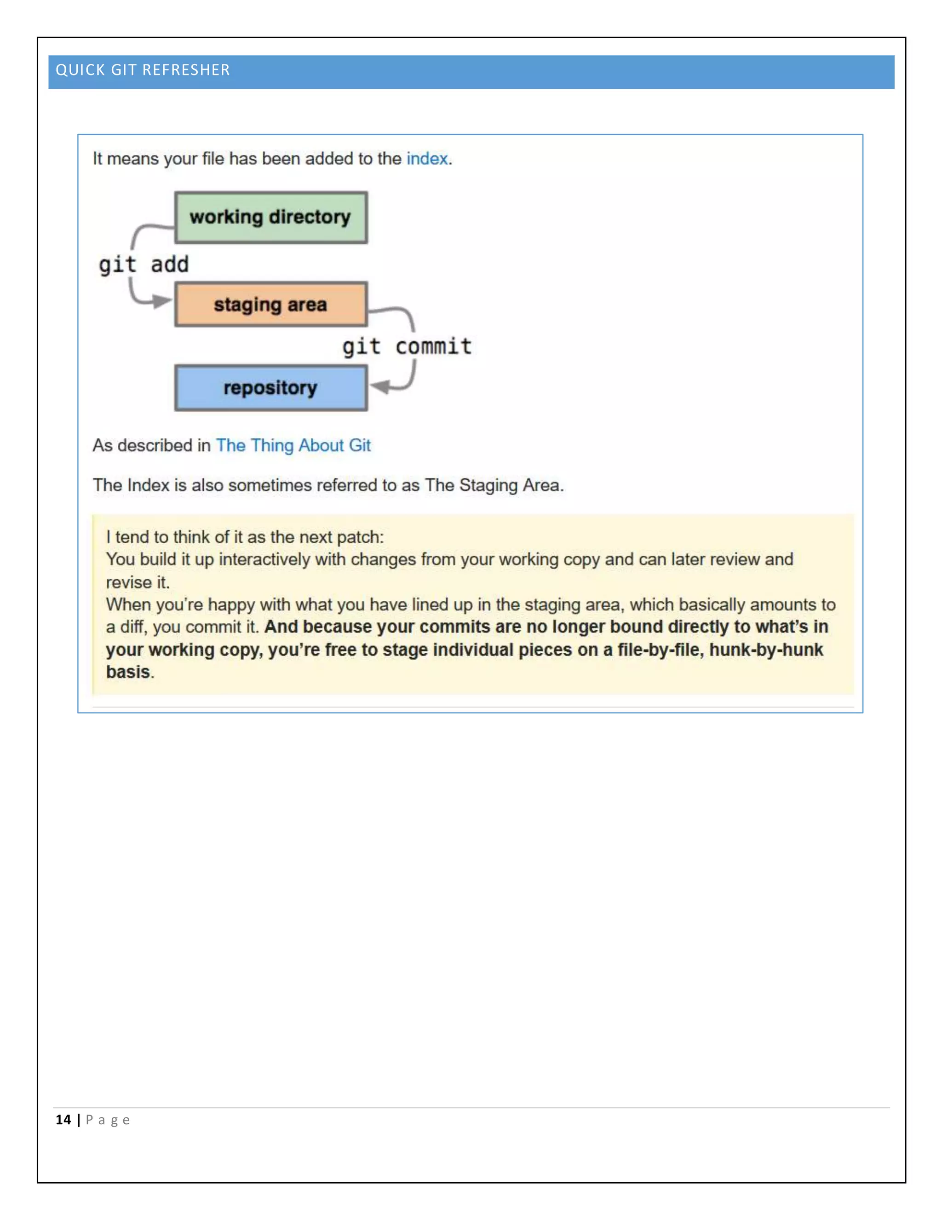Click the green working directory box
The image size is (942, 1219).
coord(270,217)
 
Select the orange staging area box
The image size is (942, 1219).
coord(270,304)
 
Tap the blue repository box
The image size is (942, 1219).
coord(270,387)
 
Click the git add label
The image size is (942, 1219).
coord(144,264)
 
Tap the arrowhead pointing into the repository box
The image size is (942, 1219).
coord(380,386)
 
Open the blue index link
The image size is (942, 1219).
coord(427,159)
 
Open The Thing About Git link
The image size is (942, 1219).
coord(293,445)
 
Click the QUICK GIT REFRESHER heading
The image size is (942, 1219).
coord(143,70)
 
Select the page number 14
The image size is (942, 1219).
coord(63,1120)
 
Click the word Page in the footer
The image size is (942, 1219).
coord(108,1120)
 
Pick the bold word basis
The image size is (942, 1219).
coord(128,672)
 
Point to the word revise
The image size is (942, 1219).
coord(129,582)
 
